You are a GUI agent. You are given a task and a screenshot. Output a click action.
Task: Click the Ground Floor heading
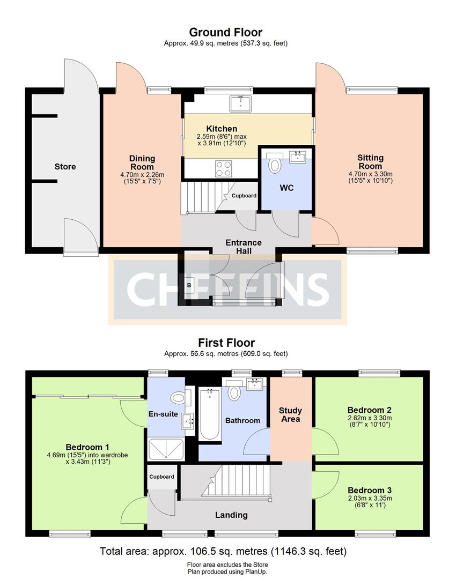click(x=225, y=32)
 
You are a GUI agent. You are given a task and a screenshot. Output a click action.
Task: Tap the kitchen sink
click(x=240, y=103)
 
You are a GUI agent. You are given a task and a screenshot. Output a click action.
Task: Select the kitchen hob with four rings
click(x=224, y=169)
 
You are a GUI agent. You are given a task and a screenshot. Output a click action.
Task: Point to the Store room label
click(x=65, y=167)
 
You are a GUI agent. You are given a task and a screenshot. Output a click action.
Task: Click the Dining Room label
click(x=142, y=162)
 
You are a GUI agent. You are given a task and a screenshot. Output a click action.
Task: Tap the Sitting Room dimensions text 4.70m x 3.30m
click(x=371, y=174)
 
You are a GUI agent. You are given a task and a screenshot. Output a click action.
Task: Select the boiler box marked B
click(x=189, y=285)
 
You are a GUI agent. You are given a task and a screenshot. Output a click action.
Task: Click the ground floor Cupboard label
click(x=244, y=196)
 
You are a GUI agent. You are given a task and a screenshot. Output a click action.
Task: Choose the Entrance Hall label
click(x=244, y=247)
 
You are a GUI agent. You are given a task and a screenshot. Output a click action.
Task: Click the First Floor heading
click(x=226, y=343)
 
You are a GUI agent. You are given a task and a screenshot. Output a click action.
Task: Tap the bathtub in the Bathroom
click(x=210, y=413)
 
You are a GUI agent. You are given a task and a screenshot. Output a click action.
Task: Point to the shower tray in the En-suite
click(x=166, y=449)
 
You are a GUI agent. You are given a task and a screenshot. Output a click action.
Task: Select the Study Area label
click(x=290, y=414)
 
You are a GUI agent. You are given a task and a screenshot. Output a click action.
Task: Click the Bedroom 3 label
click(x=370, y=491)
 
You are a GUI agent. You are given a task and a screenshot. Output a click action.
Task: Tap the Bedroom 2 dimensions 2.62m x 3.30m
click(x=370, y=418)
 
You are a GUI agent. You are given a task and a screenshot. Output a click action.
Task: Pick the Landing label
click(x=231, y=515)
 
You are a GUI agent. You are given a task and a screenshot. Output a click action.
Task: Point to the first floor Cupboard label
click(x=162, y=477)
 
